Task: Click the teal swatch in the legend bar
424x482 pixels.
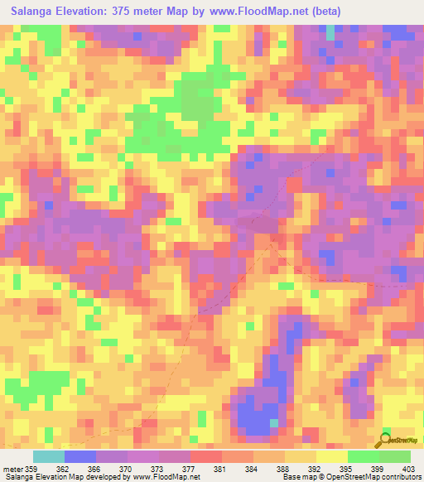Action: (x=49, y=456)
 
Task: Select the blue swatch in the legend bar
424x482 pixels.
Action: (x=80, y=456)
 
